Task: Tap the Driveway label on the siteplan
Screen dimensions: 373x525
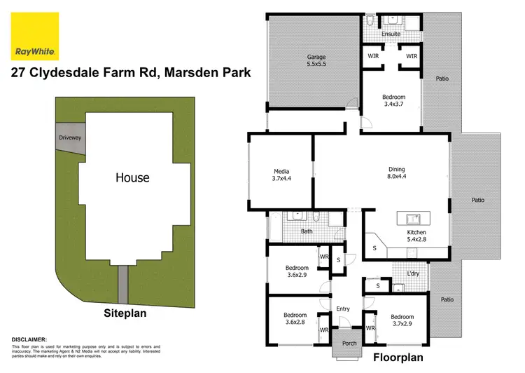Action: [x=70, y=138]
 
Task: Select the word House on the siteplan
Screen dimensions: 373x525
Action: [x=132, y=177]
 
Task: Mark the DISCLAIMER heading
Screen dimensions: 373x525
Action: [x=29, y=339]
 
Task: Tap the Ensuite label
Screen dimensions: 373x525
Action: [x=391, y=34]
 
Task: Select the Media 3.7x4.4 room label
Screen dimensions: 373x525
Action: [x=282, y=175]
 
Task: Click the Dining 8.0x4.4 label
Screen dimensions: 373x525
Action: [x=397, y=173]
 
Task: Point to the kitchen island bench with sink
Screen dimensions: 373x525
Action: [x=412, y=218]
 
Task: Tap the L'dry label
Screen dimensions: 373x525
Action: [x=413, y=273]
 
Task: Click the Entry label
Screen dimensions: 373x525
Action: [x=343, y=308]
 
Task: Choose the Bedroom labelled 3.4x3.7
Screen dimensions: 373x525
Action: [x=393, y=101]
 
